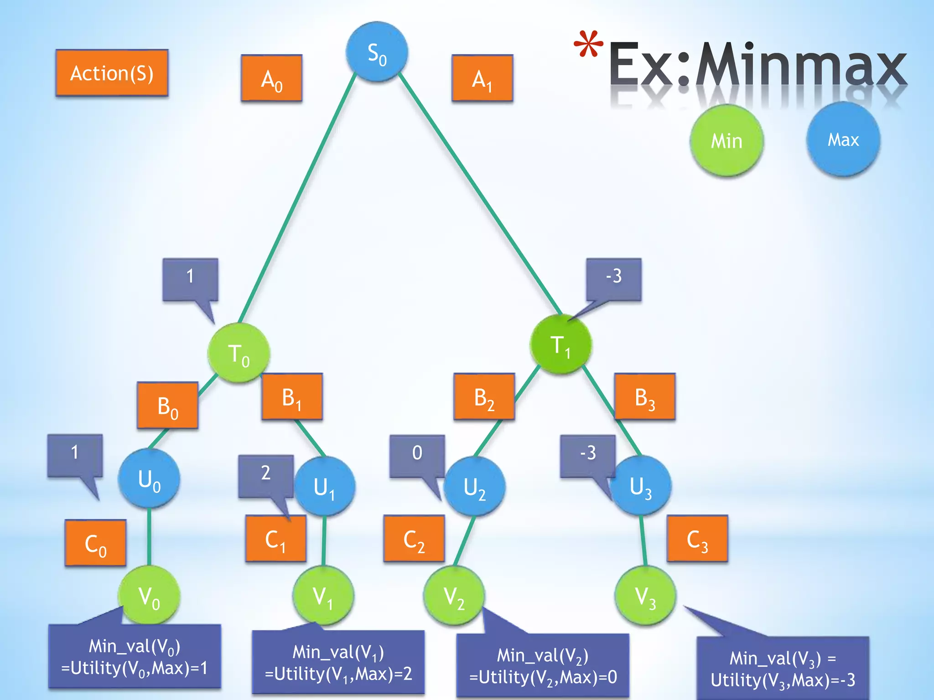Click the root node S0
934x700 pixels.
coord(377,52)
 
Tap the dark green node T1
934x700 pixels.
coord(560,345)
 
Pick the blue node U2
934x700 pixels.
coord(474,486)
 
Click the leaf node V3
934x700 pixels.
coord(645,596)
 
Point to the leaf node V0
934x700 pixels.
coord(149,596)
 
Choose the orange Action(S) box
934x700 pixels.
coord(112,73)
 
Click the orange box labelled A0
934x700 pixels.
coord(271,78)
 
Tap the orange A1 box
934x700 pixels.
coord(482,78)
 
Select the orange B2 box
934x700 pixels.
coord(484,396)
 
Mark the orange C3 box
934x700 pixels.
coord(697,539)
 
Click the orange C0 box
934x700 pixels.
coord(95,543)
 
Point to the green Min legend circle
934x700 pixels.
coord(726,140)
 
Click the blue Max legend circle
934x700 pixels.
coord(843,139)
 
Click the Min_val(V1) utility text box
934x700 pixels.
coord(338,662)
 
